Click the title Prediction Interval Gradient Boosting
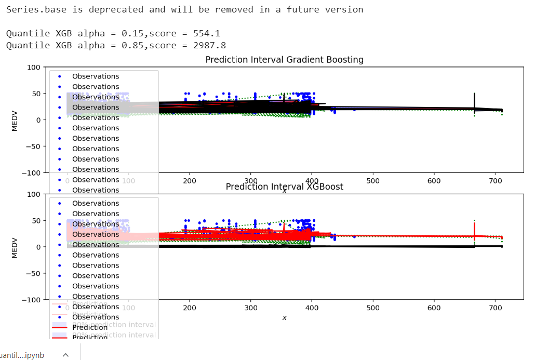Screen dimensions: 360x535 284,59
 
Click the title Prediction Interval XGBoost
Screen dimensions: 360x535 284,186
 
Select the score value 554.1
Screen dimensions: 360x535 207,33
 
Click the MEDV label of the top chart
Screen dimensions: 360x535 15,120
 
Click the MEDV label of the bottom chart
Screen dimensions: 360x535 15,247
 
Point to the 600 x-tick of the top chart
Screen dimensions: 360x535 434,180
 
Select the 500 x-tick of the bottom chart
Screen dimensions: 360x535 373,308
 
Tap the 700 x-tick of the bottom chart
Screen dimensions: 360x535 495,308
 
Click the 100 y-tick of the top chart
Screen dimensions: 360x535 34,67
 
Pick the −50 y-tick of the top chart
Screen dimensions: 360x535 32,146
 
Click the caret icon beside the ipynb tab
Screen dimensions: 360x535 65,355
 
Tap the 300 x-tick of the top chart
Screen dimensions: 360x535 251,180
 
